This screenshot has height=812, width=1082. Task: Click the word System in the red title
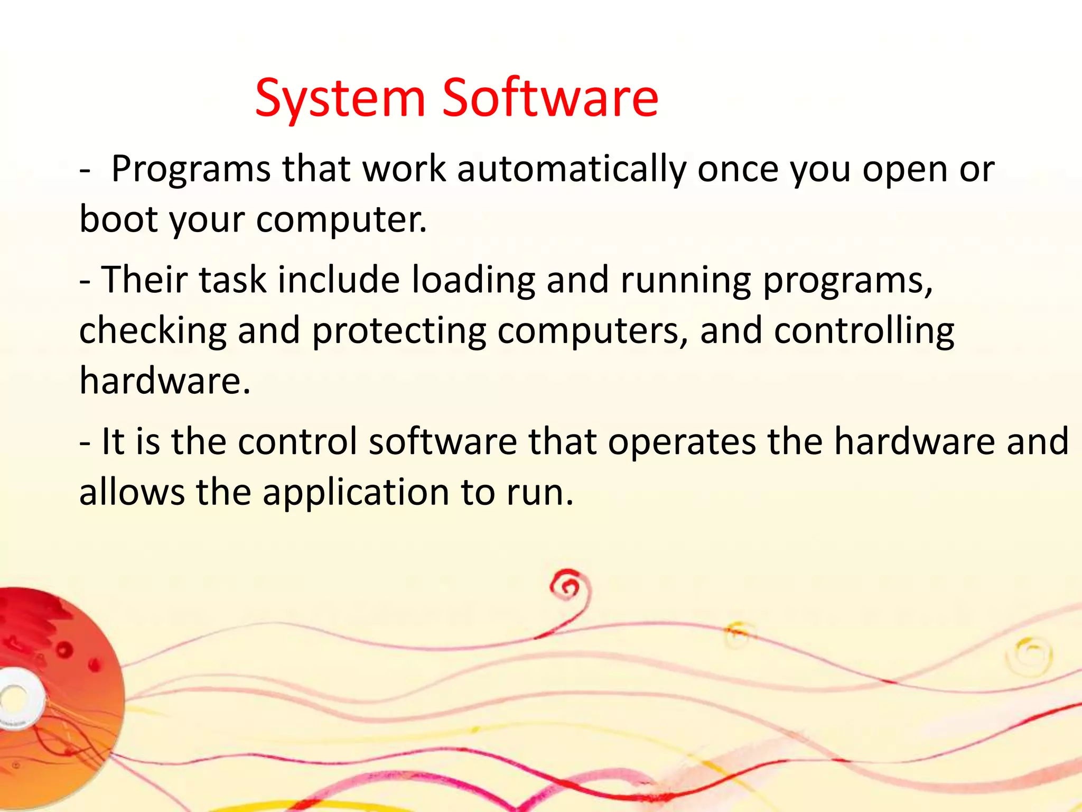[x=340, y=98]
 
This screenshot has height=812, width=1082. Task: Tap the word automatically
[x=572, y=170]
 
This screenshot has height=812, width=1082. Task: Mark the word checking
[x=153, y=331]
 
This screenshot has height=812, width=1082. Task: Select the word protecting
[x=399, y=331]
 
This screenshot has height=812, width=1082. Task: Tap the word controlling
[x=864, y=331]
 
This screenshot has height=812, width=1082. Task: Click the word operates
[x=682, y=442]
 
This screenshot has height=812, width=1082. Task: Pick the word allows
[x=132, y=492]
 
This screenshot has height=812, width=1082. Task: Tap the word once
[x=738, y=170]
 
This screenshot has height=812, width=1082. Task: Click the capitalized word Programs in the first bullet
[x=191, y=170]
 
